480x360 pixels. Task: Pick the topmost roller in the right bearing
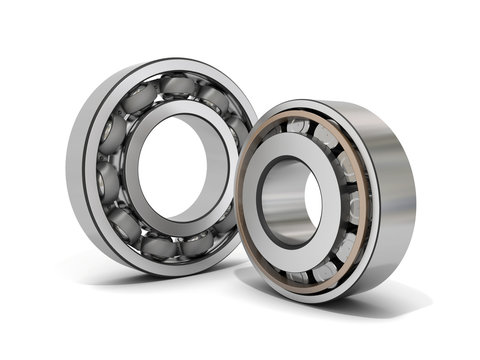(299, 125)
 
